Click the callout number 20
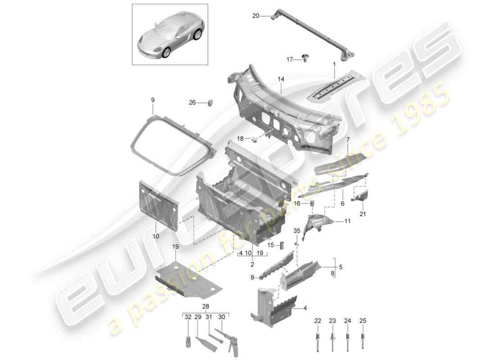[x=256, y=16]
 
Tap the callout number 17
[x=290, y=59]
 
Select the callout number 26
[x=192, y=103]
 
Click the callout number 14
[x=281, y=79]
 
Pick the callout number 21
[x=363, y=214]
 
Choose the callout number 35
[x=297, y=231]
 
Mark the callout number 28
[x=206, y=307]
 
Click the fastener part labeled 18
[x=254, y=139]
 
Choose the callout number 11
[x=347, y=221]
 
